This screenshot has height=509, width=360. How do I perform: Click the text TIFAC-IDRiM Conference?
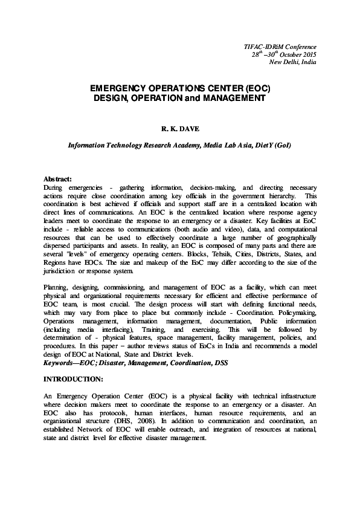pyautogui.click(x=283, y=46)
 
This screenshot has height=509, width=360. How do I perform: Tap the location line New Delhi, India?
pyautogui.click(x=292, y=62)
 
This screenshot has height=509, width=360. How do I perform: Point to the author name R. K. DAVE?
pyautogui.click(x=179, y=129)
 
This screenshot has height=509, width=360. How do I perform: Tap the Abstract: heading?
pyautogui.click(x=58, y=180)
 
